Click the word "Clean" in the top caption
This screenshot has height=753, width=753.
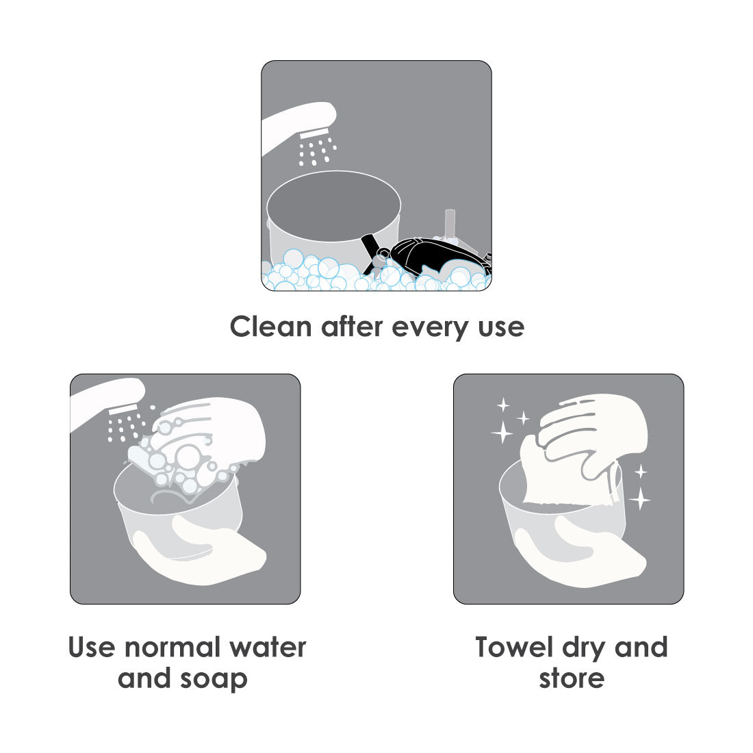[x=271, y=327]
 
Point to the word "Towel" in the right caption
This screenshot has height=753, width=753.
[x=514, y=647]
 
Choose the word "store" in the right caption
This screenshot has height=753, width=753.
[x=572, y=679]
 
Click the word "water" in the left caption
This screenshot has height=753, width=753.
[x=268, y=648]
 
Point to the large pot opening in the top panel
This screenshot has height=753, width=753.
[x=334, y=205]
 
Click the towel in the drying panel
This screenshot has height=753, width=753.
[x=567, y=473]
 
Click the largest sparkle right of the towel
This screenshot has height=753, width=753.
[x=639, y=498]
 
